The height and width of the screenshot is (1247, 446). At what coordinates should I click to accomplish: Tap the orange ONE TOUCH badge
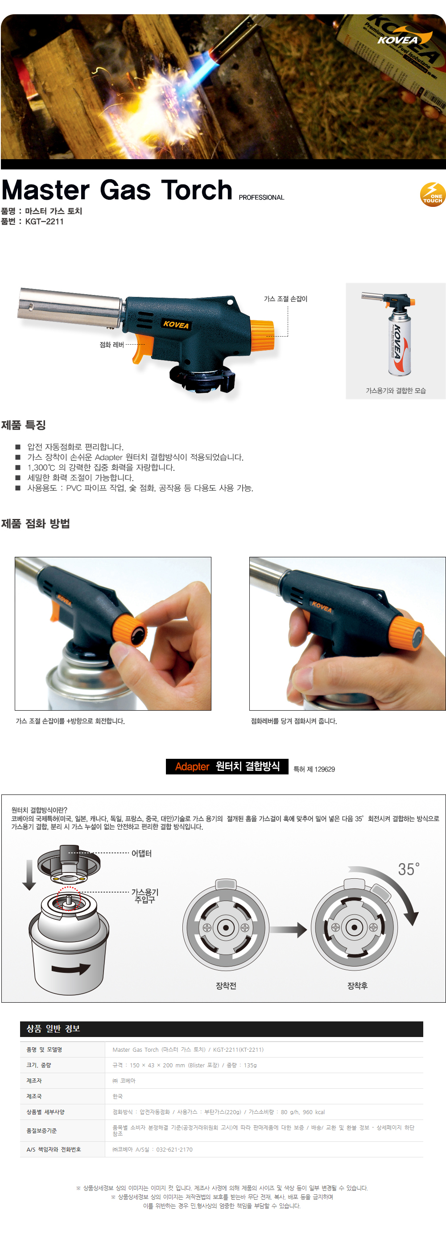click(433, 194)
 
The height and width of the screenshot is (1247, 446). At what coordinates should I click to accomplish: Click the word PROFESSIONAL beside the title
click(261, 198)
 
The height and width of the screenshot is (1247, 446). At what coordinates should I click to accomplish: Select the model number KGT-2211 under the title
click(45, 222)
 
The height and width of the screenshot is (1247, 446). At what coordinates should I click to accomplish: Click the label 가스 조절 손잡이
click(285, 299)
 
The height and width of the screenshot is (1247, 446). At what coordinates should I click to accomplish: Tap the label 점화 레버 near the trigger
click(111, 345)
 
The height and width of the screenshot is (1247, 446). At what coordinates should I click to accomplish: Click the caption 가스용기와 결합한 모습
click(396, 391)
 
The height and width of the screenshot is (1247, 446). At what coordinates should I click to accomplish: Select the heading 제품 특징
click(23, 425)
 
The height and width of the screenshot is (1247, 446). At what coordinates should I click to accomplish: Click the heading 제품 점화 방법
click(35, 523)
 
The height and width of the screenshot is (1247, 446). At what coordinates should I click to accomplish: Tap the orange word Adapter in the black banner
click(192, 766)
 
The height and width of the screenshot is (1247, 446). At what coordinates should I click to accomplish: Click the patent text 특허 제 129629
click(314, 769)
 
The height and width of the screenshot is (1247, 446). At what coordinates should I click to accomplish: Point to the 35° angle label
click(409, 869)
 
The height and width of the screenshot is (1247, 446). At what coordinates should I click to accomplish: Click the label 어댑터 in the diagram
click(141, 853)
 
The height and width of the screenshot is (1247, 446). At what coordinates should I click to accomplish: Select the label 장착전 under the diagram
click(226, 986)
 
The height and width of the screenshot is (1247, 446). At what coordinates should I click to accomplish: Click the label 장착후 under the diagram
click(357, 986)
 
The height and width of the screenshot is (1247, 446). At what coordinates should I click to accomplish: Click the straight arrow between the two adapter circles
click(288, 929)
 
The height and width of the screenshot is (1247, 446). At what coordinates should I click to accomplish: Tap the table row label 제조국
click(34, 1096)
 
